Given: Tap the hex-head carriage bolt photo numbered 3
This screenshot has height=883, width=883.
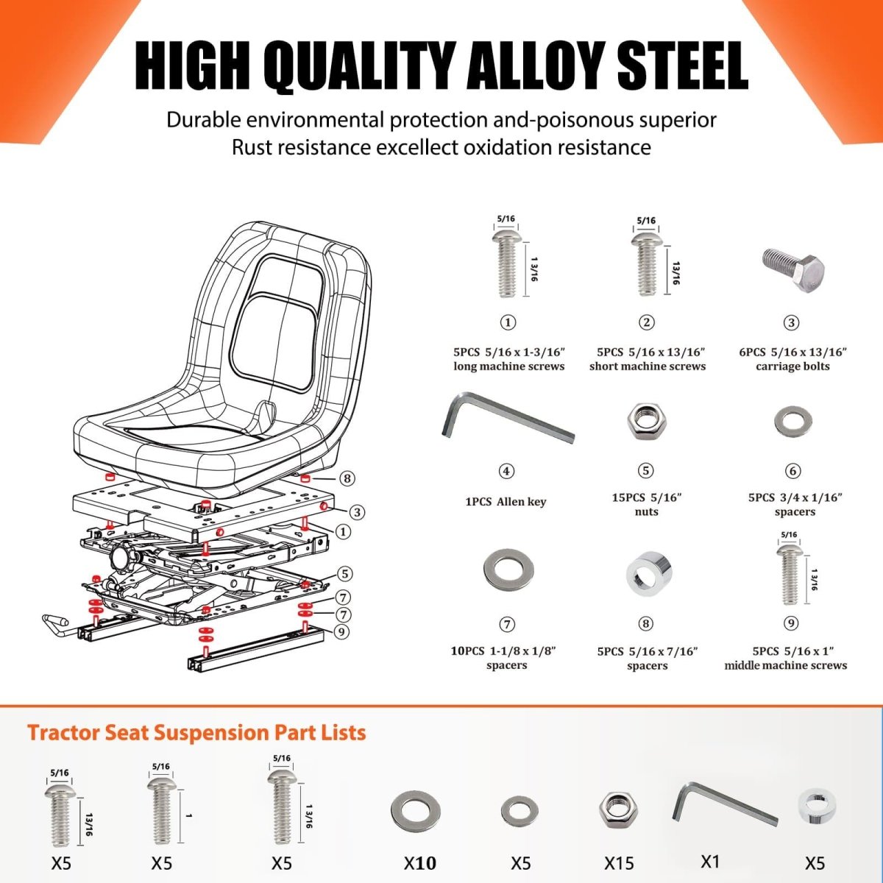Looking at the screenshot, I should (790, 270).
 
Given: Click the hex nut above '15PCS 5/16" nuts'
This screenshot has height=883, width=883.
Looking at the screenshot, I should (645, 422).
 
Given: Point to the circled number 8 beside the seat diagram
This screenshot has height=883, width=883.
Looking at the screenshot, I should (347, 479).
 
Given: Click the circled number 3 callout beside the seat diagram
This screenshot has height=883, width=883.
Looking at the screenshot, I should (357, 512).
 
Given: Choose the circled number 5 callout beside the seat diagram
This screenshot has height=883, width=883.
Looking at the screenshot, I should (346, 574).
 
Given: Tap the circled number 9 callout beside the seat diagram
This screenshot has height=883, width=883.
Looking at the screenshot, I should (341, 631).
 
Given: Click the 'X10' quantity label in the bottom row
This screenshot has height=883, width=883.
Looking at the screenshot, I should (420, 863).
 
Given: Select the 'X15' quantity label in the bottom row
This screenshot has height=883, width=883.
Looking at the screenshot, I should (619, 863).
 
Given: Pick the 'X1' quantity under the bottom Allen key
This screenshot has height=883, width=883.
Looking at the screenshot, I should (709, 861).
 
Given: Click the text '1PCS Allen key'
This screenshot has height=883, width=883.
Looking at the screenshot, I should (506, 502).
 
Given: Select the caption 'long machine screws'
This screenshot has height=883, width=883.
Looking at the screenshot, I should (508, 366).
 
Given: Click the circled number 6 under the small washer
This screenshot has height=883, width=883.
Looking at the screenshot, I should (792, 471).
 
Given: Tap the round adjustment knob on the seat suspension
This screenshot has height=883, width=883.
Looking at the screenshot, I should (122, 557).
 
